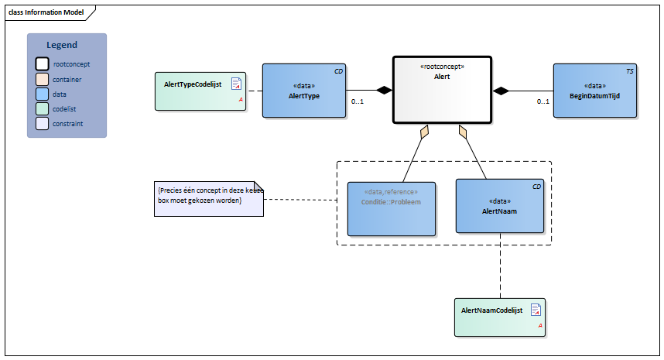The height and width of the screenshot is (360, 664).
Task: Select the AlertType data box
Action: tap(303, 91)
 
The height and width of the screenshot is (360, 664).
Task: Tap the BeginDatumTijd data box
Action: tap(594, 91)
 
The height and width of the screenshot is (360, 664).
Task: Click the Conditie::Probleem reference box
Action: tap(391, 208)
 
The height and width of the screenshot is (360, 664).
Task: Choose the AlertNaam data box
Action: tap(499, 205)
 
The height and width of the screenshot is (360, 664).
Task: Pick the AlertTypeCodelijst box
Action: tap(200, 91)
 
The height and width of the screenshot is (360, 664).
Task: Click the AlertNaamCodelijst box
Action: tap(499, 317)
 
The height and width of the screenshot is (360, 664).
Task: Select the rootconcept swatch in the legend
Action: tap(43, 64)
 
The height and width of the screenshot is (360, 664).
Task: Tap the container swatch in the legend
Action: tap(43, 79)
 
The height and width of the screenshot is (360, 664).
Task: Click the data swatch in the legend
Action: tap(43, 94)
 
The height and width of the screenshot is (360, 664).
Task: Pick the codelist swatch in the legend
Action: tap(43, 108)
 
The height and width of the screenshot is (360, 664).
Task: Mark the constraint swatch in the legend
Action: tap(43, 123)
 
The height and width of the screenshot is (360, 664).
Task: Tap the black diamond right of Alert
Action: tap(502, 91)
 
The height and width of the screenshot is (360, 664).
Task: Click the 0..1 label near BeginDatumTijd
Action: tap(544, 102)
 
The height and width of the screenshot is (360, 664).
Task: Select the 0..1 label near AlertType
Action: tap(358, 102)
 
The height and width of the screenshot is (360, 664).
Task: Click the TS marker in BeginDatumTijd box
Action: tap(630, 71)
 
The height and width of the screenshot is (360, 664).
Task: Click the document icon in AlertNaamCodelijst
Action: tap(535, 310)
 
